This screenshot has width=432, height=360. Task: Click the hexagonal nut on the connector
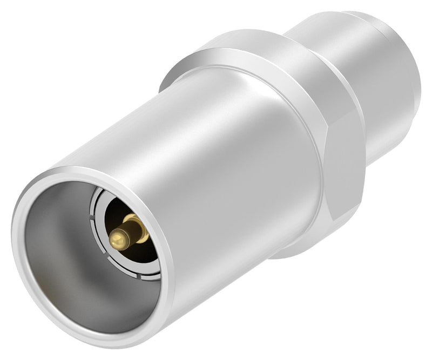coord(302,108)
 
